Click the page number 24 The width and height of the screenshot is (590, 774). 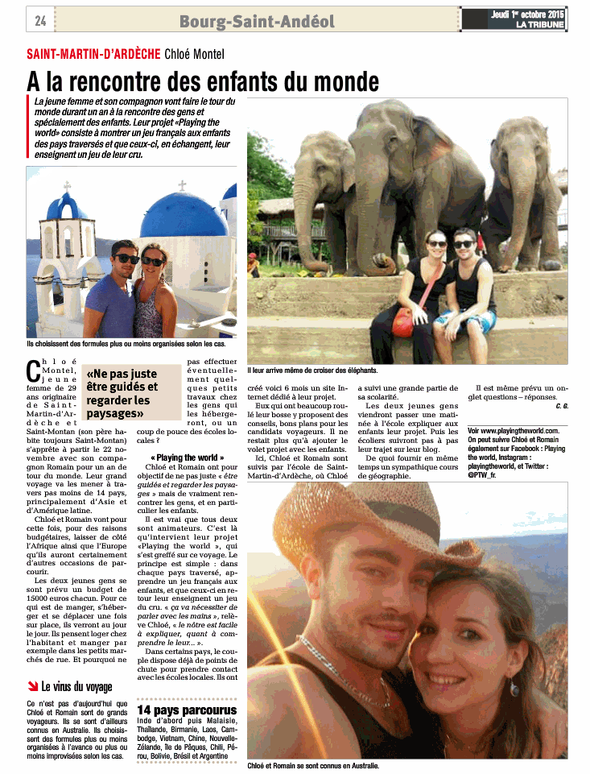pos(40,20)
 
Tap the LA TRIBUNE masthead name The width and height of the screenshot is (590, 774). pos(541,25)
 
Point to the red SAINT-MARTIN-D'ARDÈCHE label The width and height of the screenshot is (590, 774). pos(93,55)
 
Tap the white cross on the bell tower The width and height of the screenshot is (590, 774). pos(68,185)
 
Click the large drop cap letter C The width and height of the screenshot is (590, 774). pos(33,371)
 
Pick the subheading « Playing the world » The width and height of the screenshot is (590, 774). pos(187,457)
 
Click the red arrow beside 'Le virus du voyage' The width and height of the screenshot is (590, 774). pos(32,687)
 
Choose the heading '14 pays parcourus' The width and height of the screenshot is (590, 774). pos(187,710)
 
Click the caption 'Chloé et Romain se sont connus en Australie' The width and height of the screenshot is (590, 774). pos(313,765)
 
